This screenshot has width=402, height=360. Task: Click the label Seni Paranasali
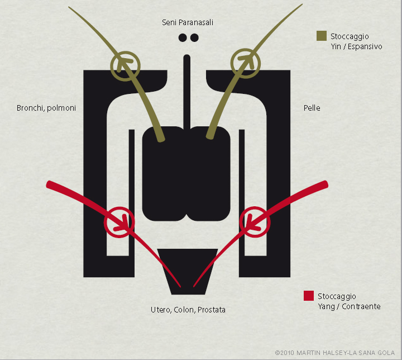pyautogui.click(x=188, y=22)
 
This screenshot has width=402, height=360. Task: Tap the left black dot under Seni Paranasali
pyautogui.click(x=183, y=38)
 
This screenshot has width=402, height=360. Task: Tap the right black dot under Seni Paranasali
pyautogui.click(x=194, y=38)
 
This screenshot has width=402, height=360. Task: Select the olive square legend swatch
pyautogui.click(x=322, y=36)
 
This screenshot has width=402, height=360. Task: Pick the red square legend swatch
pyautogui.click(x=309, y=296)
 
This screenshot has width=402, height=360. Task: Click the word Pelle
pyautogui.click(x=312, y=108)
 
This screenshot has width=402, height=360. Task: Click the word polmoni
pyautogui.click(x=61, y=108)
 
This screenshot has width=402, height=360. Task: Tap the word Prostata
pyautogui.click(x=212, y=310)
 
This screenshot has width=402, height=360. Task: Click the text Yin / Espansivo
pyautogui.click(x=356, y=47)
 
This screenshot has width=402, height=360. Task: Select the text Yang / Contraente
pyautogui.click(x=349, y=306)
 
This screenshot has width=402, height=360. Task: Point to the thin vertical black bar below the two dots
pyautogui.click(x=187, y=92)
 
